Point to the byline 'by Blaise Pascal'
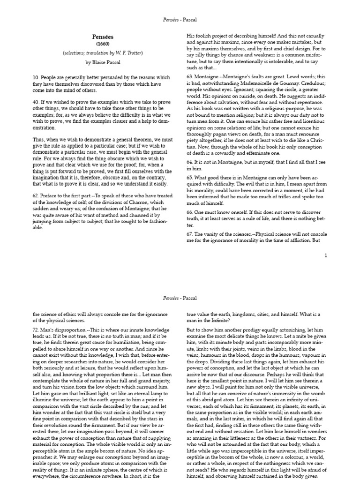[x=101, y=62]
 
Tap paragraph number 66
[x=190, y=212]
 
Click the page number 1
[x=325, y=255]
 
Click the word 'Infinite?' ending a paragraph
[x=217, y=321]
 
